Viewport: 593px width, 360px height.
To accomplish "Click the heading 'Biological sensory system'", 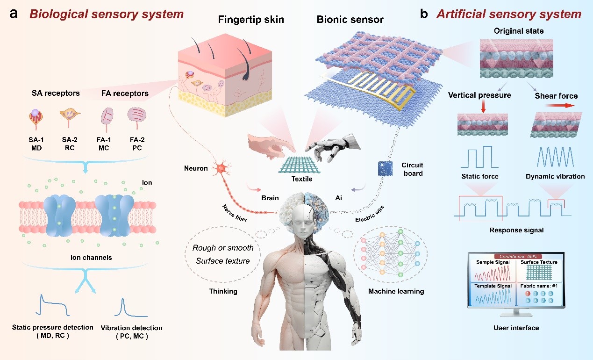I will point(107,14).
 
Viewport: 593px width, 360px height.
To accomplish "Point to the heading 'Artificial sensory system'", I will point(509,14).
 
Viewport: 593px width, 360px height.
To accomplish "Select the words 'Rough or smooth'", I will point(223,248).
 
